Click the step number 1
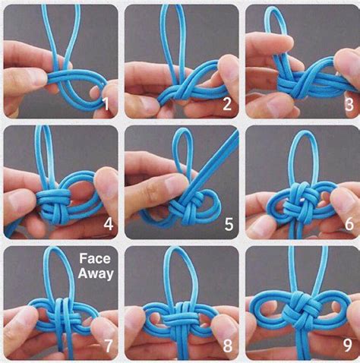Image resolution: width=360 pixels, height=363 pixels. [106, 104]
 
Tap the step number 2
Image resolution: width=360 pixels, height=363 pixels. [227, 104]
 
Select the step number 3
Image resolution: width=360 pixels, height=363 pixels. [349, 104]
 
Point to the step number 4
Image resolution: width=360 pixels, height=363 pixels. [109, 224]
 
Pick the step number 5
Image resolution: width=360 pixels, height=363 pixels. [229, 224]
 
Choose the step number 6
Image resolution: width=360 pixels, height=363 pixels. [349, 223]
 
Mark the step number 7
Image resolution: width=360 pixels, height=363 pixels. [108, 346]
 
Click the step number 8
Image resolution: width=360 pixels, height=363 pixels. [227, 346]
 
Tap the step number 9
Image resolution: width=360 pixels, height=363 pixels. [348, 345]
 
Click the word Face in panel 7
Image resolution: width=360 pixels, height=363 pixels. [95, 258]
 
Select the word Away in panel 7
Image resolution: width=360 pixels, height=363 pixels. [96, 274]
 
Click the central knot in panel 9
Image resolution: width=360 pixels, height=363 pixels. [298, 309]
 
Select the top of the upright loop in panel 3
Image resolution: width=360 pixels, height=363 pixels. [274, 8]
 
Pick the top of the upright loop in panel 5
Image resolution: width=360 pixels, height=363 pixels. [183, 130]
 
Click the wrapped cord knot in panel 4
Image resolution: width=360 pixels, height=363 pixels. [54, 206]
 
